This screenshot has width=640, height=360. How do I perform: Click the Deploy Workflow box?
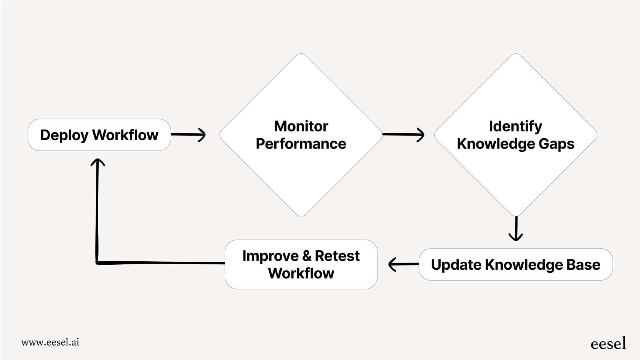[x=99, y=135]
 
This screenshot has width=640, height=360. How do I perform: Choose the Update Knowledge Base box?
[x=515, y=265]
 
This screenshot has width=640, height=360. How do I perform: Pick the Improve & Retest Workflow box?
[x=301, y=265]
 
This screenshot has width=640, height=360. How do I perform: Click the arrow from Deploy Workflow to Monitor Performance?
[x=189, y=134]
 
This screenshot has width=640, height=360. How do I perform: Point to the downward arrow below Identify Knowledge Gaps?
[x=516, y=229]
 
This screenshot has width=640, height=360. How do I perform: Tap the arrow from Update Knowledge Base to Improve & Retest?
[x=403, y=264]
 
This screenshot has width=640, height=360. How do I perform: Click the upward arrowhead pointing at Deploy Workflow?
[x=98, y=163]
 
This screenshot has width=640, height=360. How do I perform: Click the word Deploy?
[x=64, y=135]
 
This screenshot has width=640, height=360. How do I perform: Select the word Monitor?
[x=301, y=126]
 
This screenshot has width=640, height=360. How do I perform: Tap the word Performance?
[x=301, y=144]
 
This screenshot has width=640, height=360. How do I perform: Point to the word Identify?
[x=515, y=126]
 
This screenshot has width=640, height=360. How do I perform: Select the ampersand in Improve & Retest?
[x=307, y=256]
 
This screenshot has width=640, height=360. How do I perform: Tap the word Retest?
[x=337, y=256]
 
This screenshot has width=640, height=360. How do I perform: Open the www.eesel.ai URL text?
[x=50, y=342]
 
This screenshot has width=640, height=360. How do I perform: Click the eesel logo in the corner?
[x=608, y=343]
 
